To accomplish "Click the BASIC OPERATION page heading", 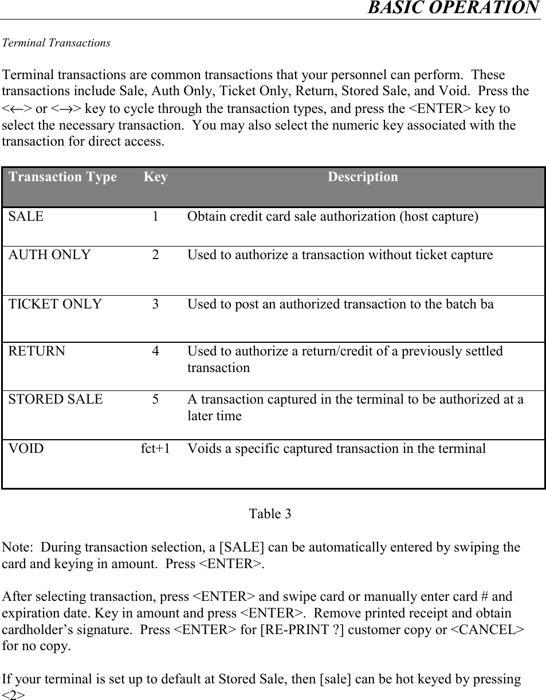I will (x=453, y=8).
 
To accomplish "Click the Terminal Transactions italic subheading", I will (x=57, y=43).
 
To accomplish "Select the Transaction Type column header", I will (x=62, y=177).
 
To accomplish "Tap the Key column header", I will (x=155, y=177).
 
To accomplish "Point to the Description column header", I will (x=363, y=177).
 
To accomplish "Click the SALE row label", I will (x=26, y=217).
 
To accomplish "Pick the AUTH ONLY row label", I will (x=49, y=255).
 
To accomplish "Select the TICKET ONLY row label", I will (x=55, y=304).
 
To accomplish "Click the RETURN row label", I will (x=37, y=351).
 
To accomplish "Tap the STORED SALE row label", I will (x=56, y=399).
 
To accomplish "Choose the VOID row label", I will (x=26, y=448).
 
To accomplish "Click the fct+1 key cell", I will (x=155, y=448).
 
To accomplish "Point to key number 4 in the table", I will (x=156, y=351).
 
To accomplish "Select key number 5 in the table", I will (x=156, y=399).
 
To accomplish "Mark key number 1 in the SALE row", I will (x=156, y=217).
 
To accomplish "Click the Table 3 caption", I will (x=270, y=514).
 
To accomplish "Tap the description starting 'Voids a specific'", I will (x=336, y=448).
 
